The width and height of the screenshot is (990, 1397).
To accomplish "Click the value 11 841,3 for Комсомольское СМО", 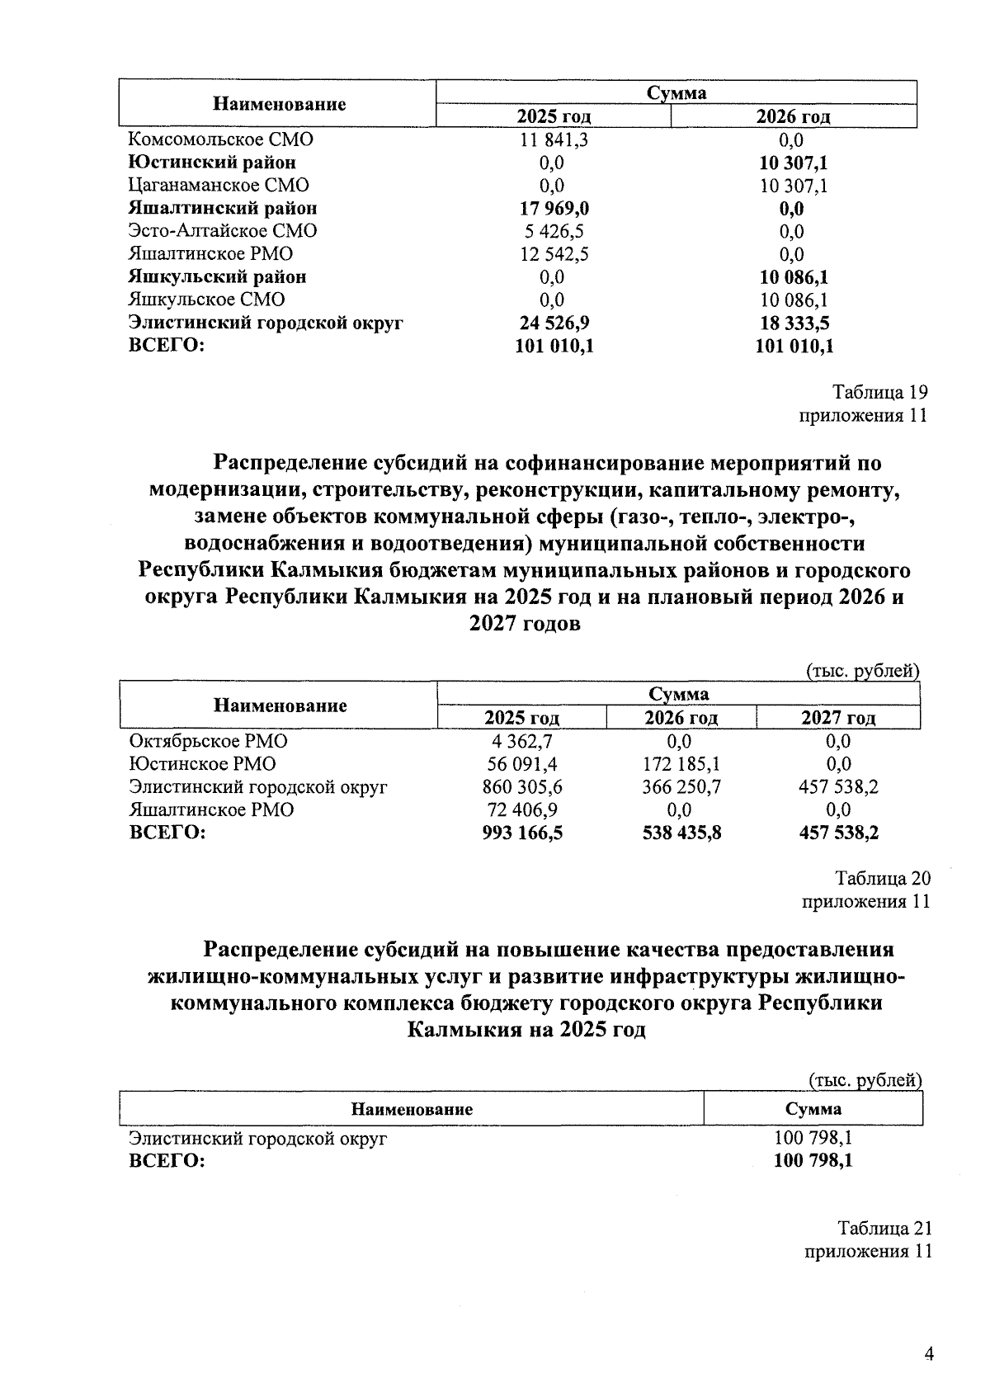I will click(554, 139).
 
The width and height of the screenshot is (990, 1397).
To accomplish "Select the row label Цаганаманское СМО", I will click(219, 186).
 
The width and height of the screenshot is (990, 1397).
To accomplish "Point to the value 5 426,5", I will click(554, 231).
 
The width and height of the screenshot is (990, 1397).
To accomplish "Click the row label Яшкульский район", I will click(218, 276).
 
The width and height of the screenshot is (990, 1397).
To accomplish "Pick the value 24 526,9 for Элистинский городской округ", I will click(554, 323).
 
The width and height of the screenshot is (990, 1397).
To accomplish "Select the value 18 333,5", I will click(793, 323).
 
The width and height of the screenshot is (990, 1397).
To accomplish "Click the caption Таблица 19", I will click(879, 392).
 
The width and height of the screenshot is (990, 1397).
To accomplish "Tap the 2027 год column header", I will click(837, 718).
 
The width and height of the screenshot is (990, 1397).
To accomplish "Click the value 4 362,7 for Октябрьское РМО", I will click(522, 741).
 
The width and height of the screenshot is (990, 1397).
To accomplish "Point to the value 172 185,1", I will click(681, 764).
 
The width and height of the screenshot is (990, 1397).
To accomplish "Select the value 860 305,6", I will click(522, 787).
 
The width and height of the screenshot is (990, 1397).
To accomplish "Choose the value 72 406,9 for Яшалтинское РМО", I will click(522, 810).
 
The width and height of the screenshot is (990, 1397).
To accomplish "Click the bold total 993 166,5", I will click(522, 833).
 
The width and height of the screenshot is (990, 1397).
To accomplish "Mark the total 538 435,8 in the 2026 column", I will click(681, 833).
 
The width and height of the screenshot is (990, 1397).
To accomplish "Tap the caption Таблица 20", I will click(883, 878).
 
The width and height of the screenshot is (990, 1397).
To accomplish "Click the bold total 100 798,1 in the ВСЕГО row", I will click(813, 1161).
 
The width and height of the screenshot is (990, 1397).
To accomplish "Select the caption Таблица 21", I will click(884, 1228).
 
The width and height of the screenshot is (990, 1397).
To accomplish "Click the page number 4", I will click(929, 1354).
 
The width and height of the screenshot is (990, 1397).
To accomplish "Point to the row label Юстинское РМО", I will click(202, 764).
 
